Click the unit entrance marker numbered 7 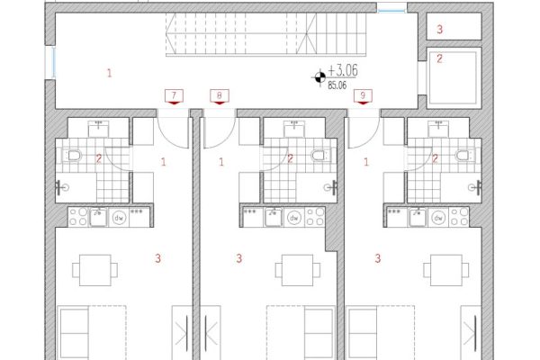[x=174, y=97]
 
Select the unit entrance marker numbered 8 [x=220, y=97]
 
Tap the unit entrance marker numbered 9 [x=363, y=97]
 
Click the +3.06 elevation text [x=343, y=70]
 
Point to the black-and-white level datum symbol [x=319, y=76]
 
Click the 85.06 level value [x=337, y=85]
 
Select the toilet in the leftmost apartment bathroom [x=73, y=156]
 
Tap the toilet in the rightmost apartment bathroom [x=464, y=156]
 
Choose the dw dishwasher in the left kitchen [x=119, y=218]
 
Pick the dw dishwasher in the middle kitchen [x=294, y=218]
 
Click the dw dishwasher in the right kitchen [x=438, y=218]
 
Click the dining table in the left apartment [x=95, y=270]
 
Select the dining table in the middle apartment [x=298, y=270]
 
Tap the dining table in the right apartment [x=446, y=270]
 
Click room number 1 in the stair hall [x=110, y=73]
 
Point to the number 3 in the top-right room [x=439, y=30]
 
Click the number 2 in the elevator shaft [x=439, y=58]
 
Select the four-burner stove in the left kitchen [x=78, y=217]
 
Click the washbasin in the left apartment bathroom [x=98, y=129]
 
